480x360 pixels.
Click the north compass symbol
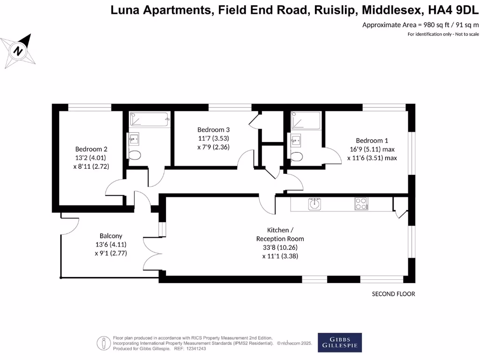[x=18, y=50]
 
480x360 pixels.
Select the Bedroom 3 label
[x=213, y=129]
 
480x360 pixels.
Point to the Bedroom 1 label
[x=372, y=140]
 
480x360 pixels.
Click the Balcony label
[x=111, y=236]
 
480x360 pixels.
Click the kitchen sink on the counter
[x=314, y=204]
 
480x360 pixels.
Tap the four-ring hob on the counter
[x=361, y=204]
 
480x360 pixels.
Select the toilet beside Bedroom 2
[x=135, y=156]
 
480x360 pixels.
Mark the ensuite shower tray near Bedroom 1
[x=306, y=120]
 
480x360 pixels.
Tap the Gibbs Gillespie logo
[x=340, y=343]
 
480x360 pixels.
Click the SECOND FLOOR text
[x=393, y=294]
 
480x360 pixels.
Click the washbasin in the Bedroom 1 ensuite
[x=295, y=139]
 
